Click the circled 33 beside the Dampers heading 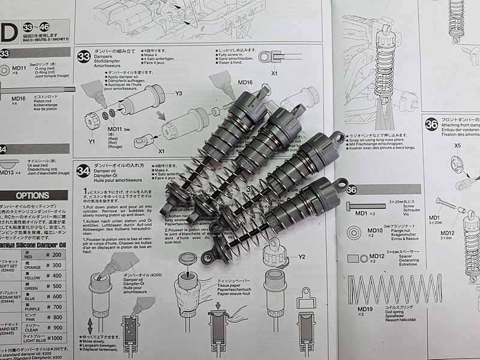pos(85,58)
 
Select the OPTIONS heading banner pos(32,195)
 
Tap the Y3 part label pos(178,93)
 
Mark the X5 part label pos(457,145)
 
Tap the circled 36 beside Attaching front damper pos(431,125)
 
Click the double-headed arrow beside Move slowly pos(90,327)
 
